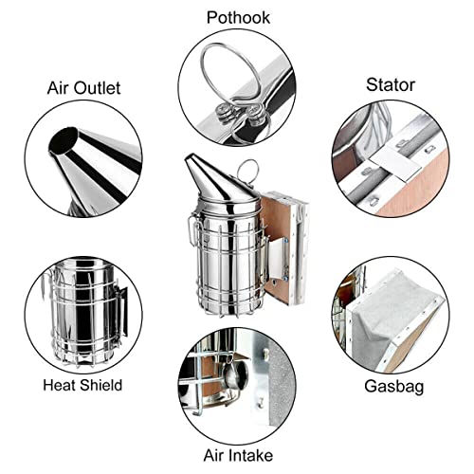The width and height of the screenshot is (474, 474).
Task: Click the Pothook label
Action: tap(238, 18)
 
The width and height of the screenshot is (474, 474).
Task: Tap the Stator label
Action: tap(391, 84)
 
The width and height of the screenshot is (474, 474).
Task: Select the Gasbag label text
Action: tap(394, 387)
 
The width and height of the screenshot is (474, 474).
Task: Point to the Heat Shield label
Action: tap(82, 385)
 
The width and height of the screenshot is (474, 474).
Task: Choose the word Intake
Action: tap(250, 455)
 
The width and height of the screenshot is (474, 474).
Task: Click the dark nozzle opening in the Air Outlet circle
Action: tap(64, 141)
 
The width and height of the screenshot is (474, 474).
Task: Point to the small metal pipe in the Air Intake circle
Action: tap(236, 375)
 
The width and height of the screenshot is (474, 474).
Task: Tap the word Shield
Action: tap(100, 385)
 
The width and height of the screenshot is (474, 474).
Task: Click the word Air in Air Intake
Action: tap(214, 455)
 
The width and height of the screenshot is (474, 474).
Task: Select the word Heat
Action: tap(60, 385)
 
